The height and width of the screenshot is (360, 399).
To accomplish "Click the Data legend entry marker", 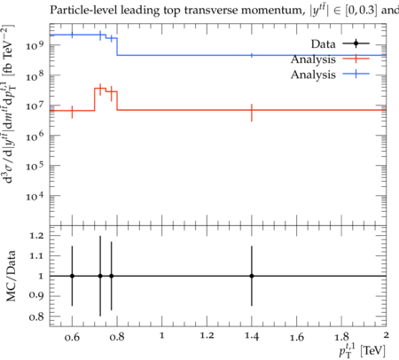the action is pyautogui.click(x=356, y=43).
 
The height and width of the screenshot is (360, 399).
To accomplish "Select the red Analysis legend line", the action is pyautogui.click(x=356, y=59).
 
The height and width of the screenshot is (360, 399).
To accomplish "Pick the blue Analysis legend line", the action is pyautogui.click(x=356, y=74).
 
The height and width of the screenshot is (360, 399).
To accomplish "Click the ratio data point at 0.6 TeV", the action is pyautogui.click(x=72, y=276).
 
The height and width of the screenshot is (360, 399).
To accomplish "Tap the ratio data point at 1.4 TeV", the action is pyautogui.click(x=252, y=276).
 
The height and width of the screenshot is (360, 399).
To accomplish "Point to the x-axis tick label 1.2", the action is pyautogui.click(x=207, y=336).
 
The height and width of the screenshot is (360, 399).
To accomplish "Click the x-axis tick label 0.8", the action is pyautogui.click(x=117, y=337).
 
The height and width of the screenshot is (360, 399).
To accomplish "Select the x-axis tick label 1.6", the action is pyautogui.click(x=297, y=337).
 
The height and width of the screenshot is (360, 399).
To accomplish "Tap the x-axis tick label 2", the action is pyautogui.click(x=386, y=335).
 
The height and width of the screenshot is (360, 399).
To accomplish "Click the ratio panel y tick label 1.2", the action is pyautogui.click(x=36, y=236).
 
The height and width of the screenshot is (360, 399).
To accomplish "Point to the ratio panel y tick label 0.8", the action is pyautogui.click(x=36, y=317).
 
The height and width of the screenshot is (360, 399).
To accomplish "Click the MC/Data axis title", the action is pyautogui.click(x=11, y=276).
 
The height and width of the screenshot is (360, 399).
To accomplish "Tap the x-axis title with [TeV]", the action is pyautogui.click(x=362, y=350).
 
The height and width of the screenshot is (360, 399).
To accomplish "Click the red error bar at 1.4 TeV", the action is pyautogui.click(x=252, y=113).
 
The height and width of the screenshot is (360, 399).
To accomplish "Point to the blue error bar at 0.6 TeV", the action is pyautogui.click(x=72, y=35).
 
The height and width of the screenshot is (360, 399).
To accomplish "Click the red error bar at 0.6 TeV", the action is pyautogui.click(x=72, y=112).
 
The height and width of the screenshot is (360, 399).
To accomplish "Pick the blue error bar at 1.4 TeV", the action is pyautogui.click(x=252, y=55).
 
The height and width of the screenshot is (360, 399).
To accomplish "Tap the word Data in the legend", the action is pyautogui.click(x=323, y=44).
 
